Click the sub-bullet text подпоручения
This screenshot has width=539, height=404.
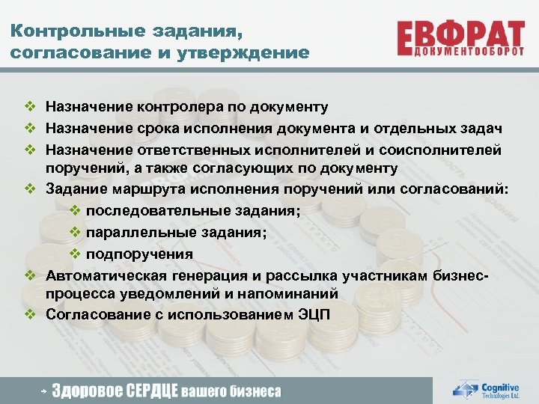139,254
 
